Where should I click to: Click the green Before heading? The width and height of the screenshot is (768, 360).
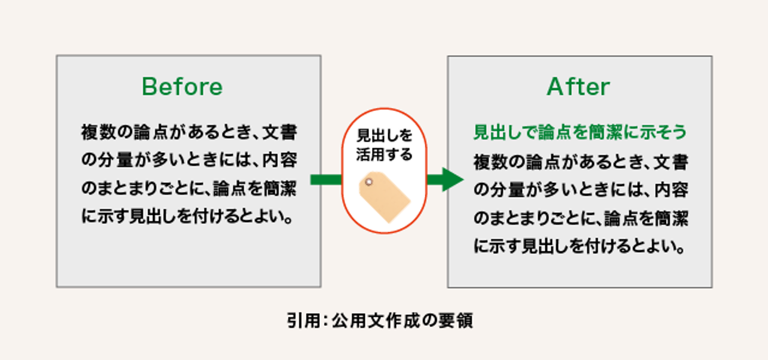(x=182, y=86)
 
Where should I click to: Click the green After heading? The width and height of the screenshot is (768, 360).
(x=578, y=86)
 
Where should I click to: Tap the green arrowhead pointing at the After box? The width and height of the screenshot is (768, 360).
(x=452, y=179)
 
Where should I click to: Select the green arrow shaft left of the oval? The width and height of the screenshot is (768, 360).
(x=326, y=179)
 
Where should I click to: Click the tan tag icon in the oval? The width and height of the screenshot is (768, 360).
(x=385, y=197)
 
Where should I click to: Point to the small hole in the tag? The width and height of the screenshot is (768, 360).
(x=369, y=182)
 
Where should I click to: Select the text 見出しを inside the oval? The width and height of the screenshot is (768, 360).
(x=385, y=136)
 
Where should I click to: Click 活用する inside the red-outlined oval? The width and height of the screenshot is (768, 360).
(x=385, y=154)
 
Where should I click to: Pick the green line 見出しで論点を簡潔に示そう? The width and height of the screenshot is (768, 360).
(x=580, y=132)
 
